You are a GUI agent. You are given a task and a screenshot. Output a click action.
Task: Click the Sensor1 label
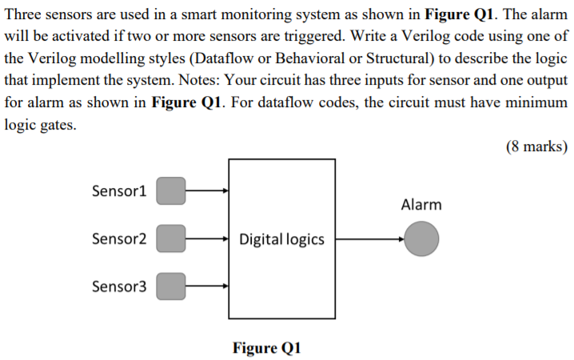(x=120, y=191)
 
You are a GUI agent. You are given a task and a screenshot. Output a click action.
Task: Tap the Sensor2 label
(x=120, y=238)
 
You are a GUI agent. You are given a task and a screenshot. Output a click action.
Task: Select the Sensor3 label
(x=120, y=286)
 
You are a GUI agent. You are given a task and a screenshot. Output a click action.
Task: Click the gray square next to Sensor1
(x=170, y=191)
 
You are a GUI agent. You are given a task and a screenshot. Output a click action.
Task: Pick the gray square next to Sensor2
(x=170, y=238)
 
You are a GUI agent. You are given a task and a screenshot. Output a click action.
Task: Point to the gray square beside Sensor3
(x=170, y=286)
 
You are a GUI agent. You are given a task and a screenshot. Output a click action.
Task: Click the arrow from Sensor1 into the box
(x=207, y=191)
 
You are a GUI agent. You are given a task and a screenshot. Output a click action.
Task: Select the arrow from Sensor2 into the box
(x=207, y=238)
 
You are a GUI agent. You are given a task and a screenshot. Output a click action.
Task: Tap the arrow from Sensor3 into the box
(x=207, y=286)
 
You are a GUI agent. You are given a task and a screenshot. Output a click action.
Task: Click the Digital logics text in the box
(x=281, y=239)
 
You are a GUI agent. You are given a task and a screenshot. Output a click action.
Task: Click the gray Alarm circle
(x=421, y=239)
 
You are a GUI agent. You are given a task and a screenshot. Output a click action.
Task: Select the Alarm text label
(x=421, y=205)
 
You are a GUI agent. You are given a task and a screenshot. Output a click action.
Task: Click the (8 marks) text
(x=536, y=146)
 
